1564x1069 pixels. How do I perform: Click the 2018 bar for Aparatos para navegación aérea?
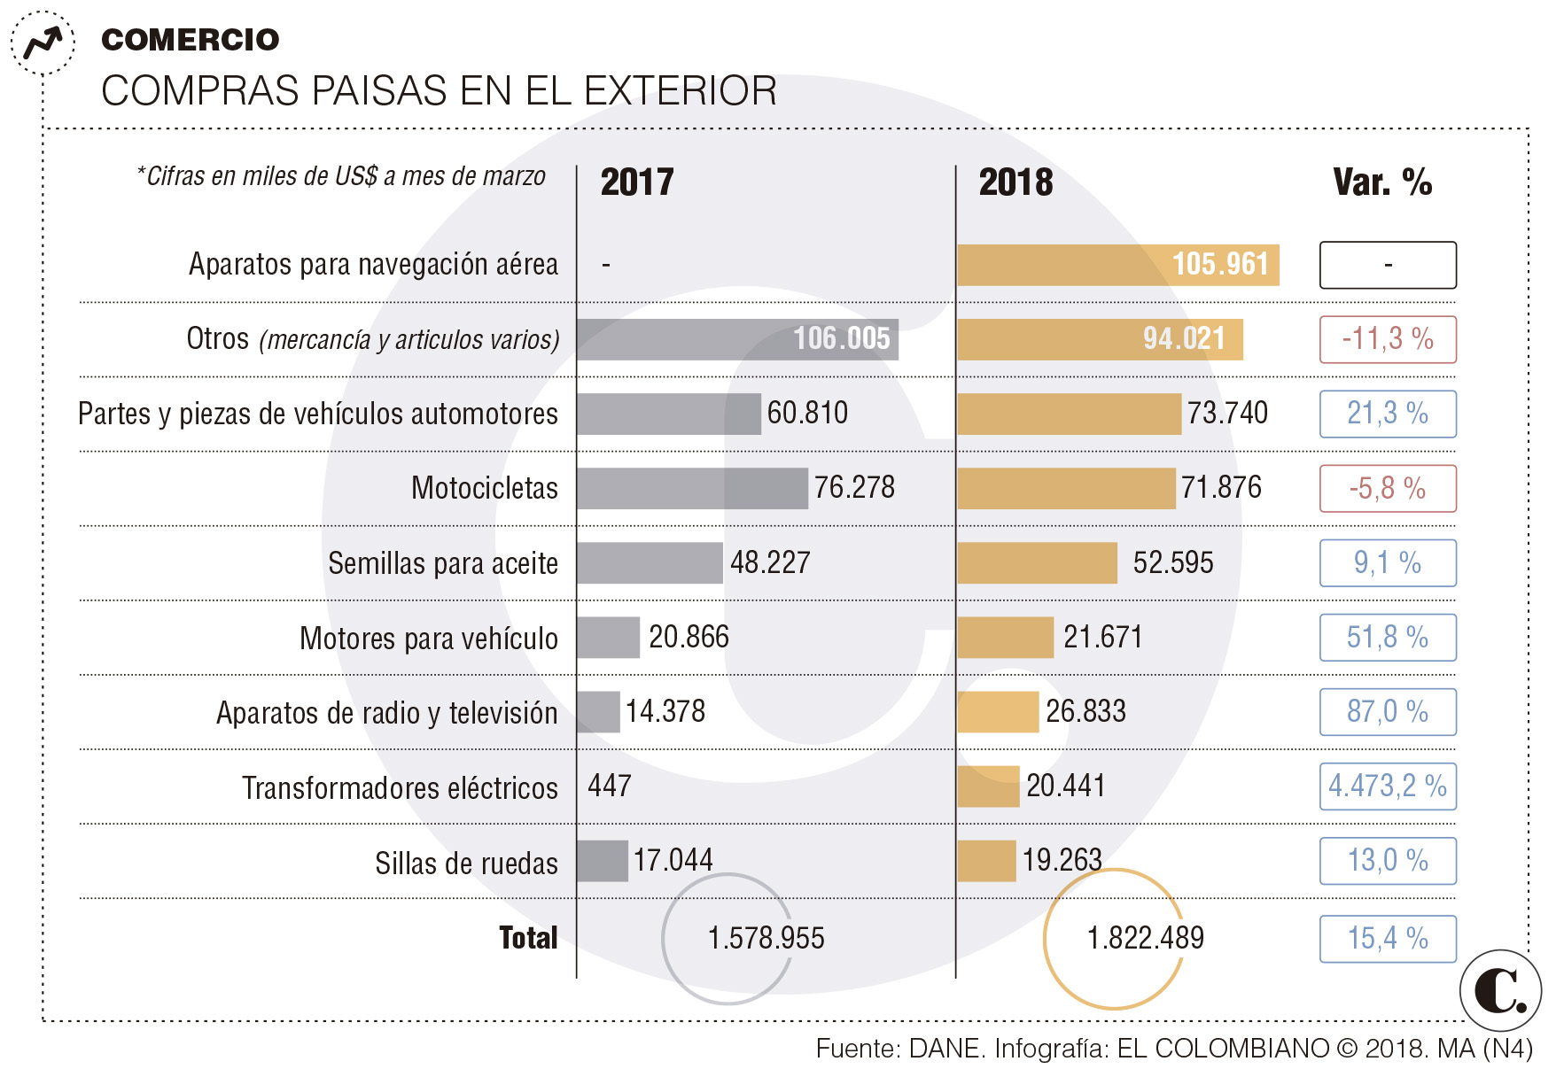(1117, 265)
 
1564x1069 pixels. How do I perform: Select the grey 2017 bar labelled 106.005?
(737, 339)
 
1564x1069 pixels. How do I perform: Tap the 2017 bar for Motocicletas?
(692, 488)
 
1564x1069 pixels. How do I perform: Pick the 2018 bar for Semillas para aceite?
(1037, 562)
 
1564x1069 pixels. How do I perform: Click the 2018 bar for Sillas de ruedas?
(986, 861)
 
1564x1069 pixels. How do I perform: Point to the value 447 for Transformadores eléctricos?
(610, 786)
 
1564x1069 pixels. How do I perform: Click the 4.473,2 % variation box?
(1388, 786)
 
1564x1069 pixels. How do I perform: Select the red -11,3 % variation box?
(1388, 339)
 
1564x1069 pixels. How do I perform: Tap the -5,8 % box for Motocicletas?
(1388, 488)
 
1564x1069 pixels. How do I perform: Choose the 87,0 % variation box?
(1388, 712)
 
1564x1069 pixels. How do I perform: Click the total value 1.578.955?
(766, 938)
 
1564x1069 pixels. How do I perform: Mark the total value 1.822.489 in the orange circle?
(1145, 938)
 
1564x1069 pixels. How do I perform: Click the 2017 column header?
(637, 182)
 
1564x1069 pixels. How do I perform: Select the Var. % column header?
(1382, 182)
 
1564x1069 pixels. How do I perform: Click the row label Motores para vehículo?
(429, 638)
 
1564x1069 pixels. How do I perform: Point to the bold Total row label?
(528, 938)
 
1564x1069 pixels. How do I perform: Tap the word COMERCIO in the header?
(191, 40)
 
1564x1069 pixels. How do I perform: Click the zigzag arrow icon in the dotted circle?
(43, 43)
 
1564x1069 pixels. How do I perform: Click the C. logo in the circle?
(1500, 990)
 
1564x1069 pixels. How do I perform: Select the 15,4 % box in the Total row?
(1388, 939)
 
